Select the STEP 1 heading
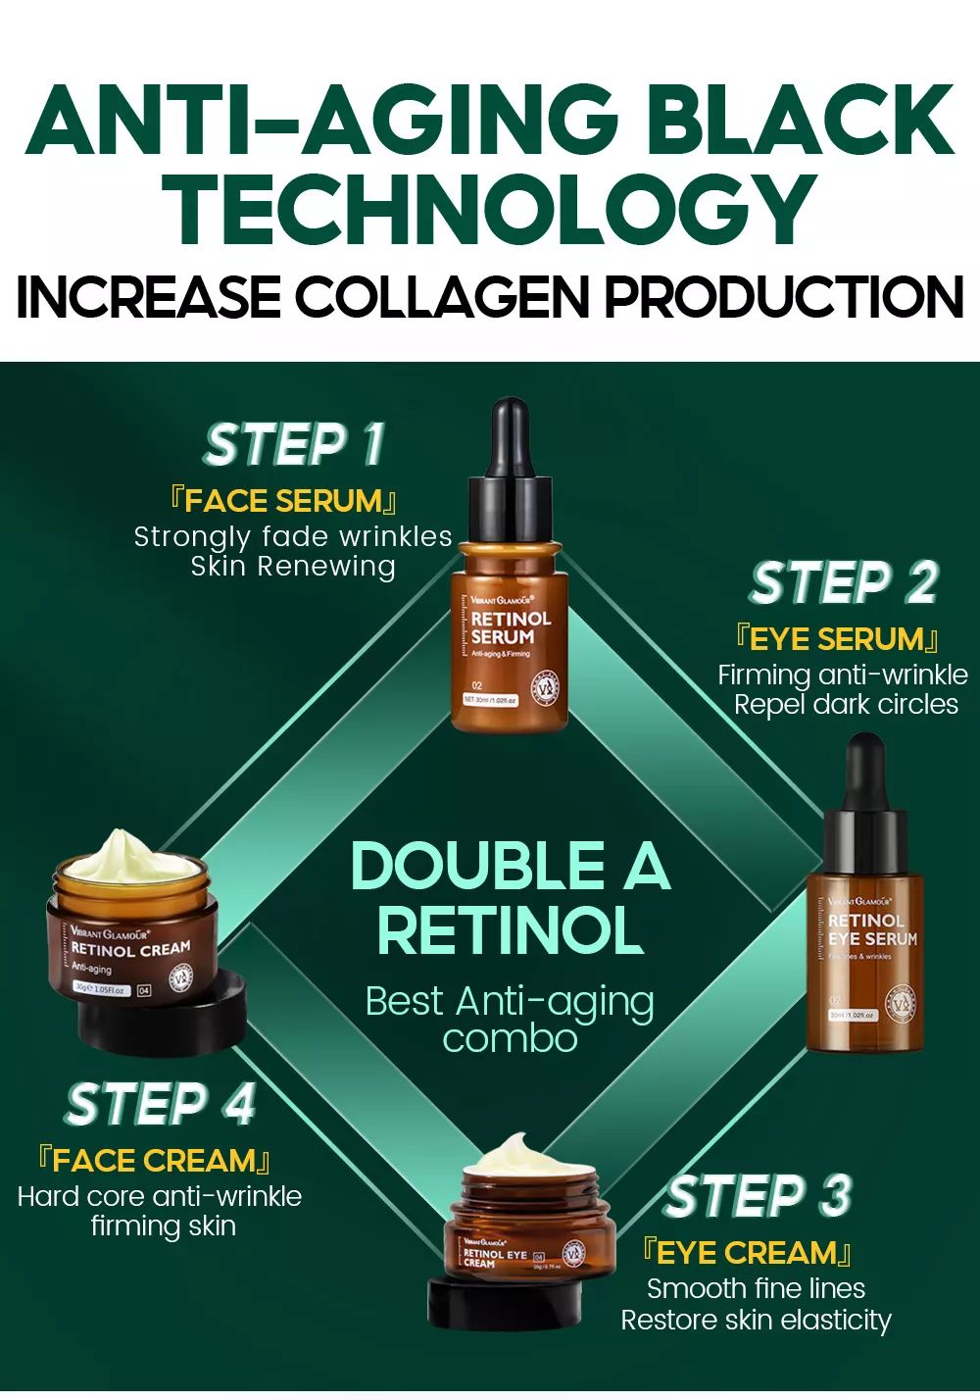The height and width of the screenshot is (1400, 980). point(294,445)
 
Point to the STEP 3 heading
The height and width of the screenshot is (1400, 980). point(759,1197)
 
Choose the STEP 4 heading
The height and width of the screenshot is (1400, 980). point(161,1105)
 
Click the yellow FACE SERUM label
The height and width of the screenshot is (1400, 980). point(284,501)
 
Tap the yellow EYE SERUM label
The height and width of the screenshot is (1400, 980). point(837,639)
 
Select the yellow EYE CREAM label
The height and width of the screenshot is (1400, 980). point(747,1253)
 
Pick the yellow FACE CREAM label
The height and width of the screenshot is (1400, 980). point(154,1161)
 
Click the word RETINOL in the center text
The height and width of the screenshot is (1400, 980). point(510,931)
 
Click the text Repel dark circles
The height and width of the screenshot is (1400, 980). point(846,705)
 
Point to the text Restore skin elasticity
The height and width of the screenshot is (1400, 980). point(756,1321)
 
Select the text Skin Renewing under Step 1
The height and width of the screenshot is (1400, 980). point(293,567)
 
